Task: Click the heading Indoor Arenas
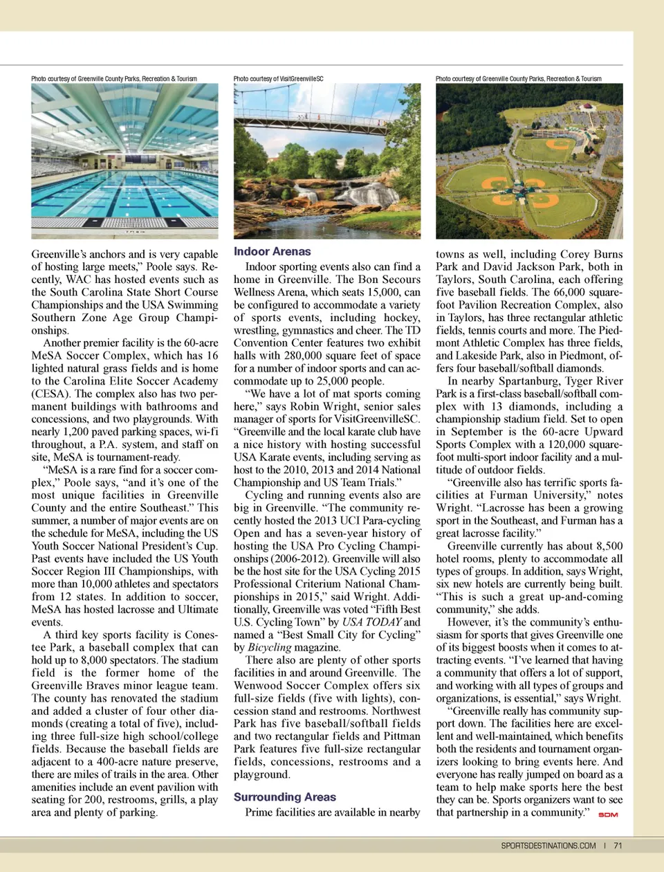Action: click(272, 252)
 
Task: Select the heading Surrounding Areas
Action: click(284, 797)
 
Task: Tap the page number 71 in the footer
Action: click(618, 845)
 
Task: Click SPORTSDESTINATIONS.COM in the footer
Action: click(548, 845)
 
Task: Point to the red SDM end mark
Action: click(607, 815)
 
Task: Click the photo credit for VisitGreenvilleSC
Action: click(278, 79)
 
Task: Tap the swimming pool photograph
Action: click(124, 161)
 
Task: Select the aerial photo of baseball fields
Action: click(529, 161)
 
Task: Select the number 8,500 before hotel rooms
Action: click(605, 546)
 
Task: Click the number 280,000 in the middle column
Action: click(304, 356)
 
